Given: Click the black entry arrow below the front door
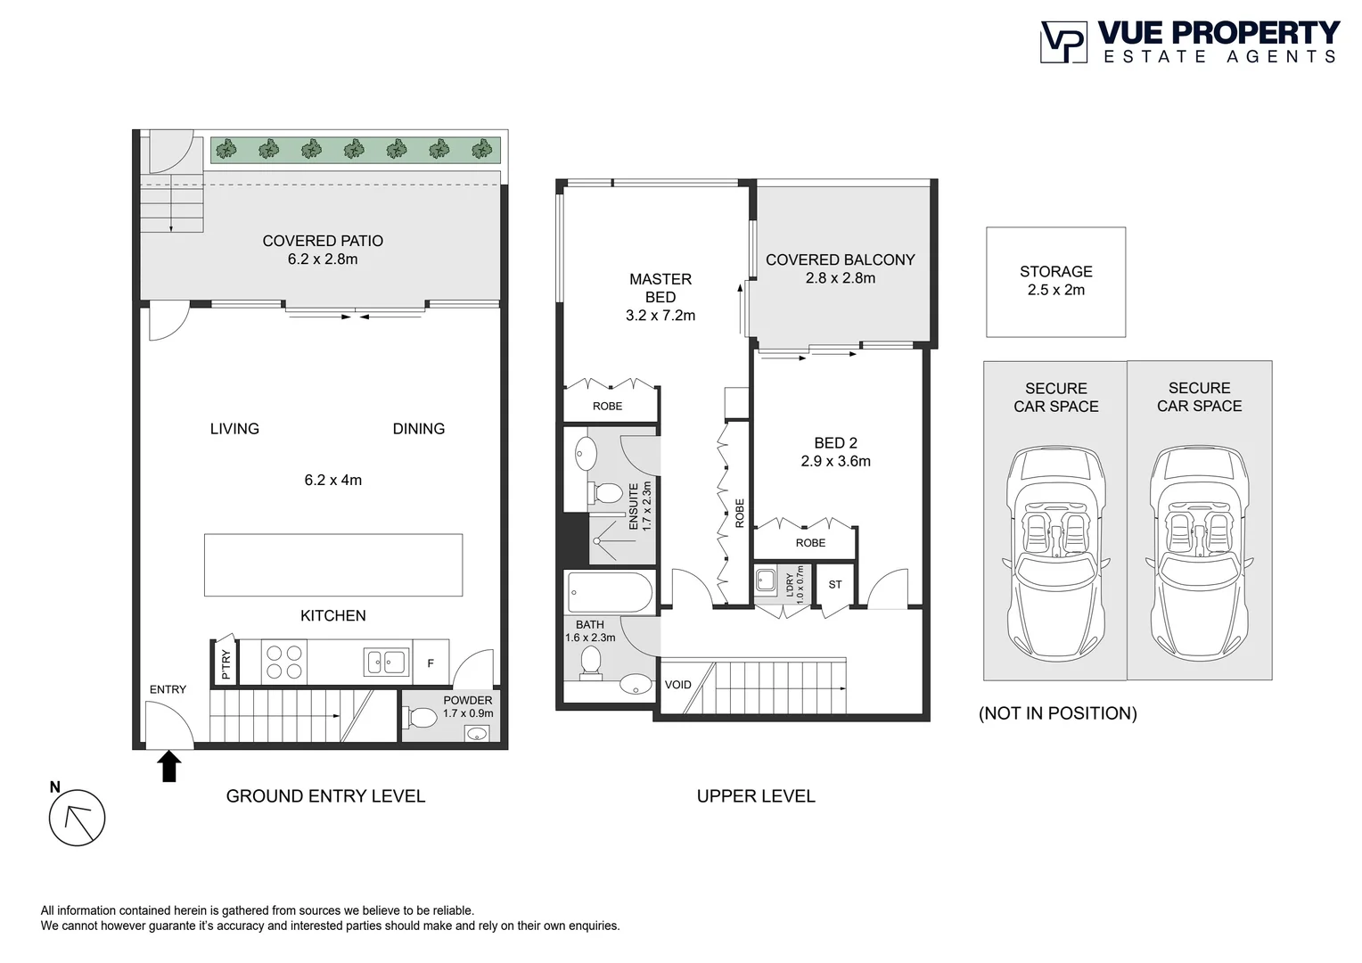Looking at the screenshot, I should pos(168,766).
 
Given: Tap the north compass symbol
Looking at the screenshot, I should pos(78,818).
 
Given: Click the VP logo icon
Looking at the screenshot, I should pos(1063,42).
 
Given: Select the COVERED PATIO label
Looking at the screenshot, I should pos(323,241).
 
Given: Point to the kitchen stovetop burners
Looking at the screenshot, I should pos(284,663).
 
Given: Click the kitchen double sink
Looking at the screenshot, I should pos(386,663).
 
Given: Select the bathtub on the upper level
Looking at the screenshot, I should pos(611,592).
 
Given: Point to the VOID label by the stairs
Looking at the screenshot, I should pos(677,685).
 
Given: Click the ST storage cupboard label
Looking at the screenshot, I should pos(834,585).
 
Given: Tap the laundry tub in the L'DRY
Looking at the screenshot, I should pos(765,581).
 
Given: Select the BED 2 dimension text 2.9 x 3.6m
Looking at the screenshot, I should pos(835,461).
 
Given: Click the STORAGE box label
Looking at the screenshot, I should pos(1055,272).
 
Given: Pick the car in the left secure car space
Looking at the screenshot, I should pos(1055,552).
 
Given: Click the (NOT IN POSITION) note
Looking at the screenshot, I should pos(1057,713).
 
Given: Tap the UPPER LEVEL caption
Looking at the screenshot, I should pos(755,796).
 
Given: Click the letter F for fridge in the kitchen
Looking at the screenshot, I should pos(431,663).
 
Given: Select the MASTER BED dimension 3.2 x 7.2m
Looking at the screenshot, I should pos(660,316).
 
